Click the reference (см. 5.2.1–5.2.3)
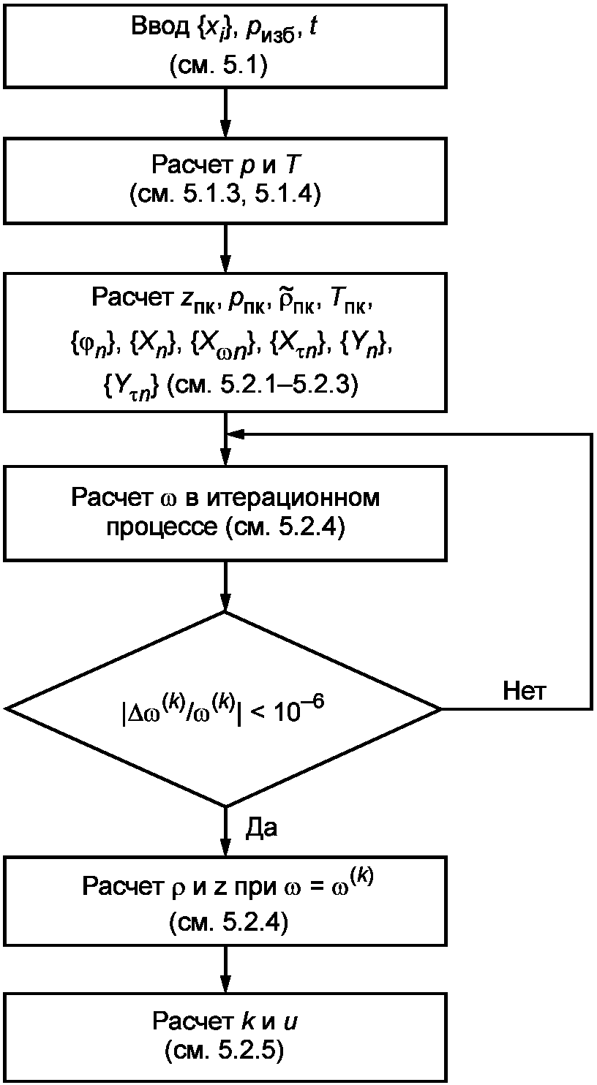click(262, 385)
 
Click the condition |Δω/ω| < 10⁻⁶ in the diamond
click(223, 710)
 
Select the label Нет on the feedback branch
click(524, 691)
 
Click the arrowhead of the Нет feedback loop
click(236, 434)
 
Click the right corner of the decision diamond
click(440, 709)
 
